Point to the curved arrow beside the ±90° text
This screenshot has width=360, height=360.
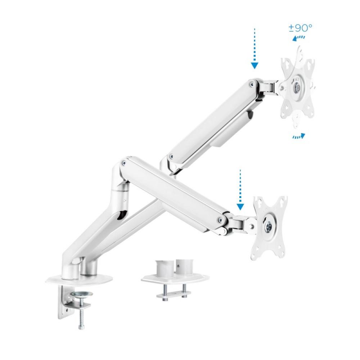click(299, 39)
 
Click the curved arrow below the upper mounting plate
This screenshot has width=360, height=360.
click(298, 136)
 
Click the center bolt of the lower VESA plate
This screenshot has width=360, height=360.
click(269, 226)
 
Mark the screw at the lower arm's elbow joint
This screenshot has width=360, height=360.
click(125, 162)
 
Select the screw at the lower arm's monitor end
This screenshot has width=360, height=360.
click(219, 219)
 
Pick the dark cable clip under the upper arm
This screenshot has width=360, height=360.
click(250, 116)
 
